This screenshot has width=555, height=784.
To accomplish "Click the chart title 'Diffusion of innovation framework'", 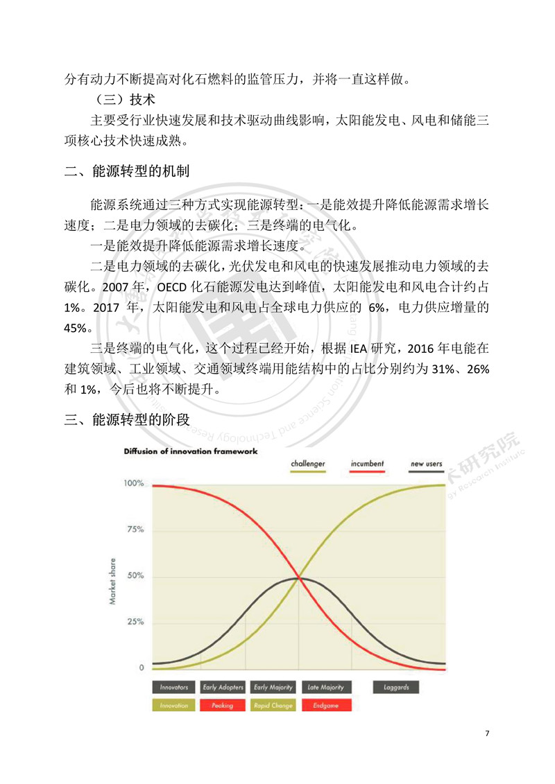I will [x=191, y=451].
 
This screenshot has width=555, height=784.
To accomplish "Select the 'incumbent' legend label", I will [x=367, y=464].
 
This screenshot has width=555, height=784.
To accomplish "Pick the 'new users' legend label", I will [x=426, y=464].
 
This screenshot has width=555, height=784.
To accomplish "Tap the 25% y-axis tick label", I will [x=135, y=622].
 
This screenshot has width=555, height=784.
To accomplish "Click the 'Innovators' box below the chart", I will [x=173, y=688].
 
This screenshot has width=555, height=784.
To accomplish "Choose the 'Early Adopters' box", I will [x=223, y=688].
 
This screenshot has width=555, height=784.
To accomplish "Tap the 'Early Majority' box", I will [x=271, y=688].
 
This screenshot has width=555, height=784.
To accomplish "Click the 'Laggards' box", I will [x=396, y=688].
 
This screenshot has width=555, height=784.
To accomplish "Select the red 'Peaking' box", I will [x=223, y=706].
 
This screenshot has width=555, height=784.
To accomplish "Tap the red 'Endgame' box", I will [x=325, y=706].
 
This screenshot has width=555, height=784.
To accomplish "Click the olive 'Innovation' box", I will [x=173, y=706].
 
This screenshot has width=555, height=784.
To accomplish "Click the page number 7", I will [x=488, y=733].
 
